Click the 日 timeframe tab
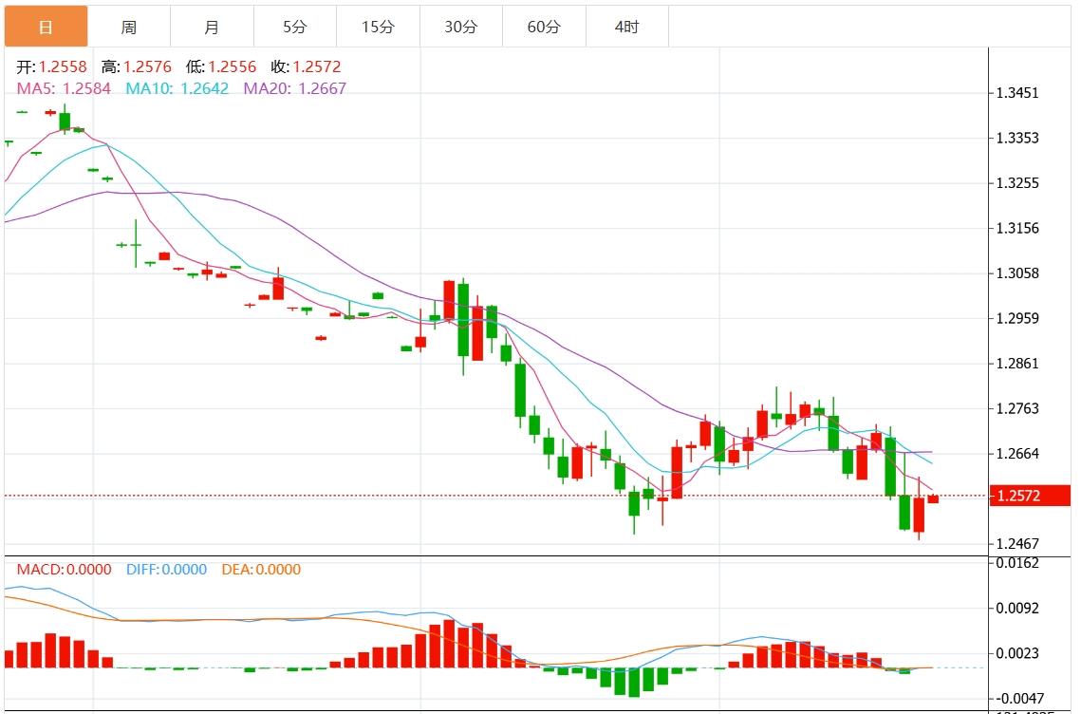click(46, 27)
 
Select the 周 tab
click(128, 27)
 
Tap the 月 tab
click(212, 27)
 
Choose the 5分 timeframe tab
click(294, 27)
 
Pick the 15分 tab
click(378, 27)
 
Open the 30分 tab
click(460, 27)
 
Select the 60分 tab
click(544, 27)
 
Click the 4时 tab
click(626, 27)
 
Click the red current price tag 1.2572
click(1029, 496)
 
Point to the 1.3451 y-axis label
click(1016, 93)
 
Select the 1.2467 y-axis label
click(1016, 544)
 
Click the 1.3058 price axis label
click(1016, 273)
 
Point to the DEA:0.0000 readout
click(261, 570)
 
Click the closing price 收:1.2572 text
click(305, 66)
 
